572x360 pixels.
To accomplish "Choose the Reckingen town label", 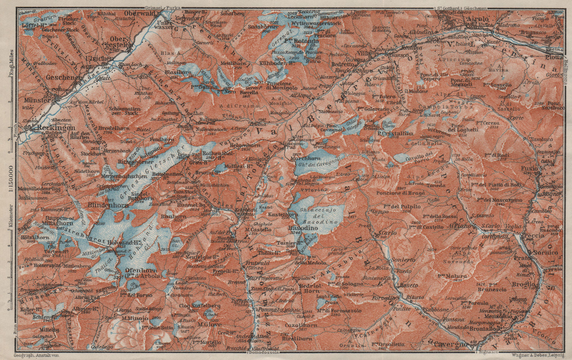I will [x=58, y=128].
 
